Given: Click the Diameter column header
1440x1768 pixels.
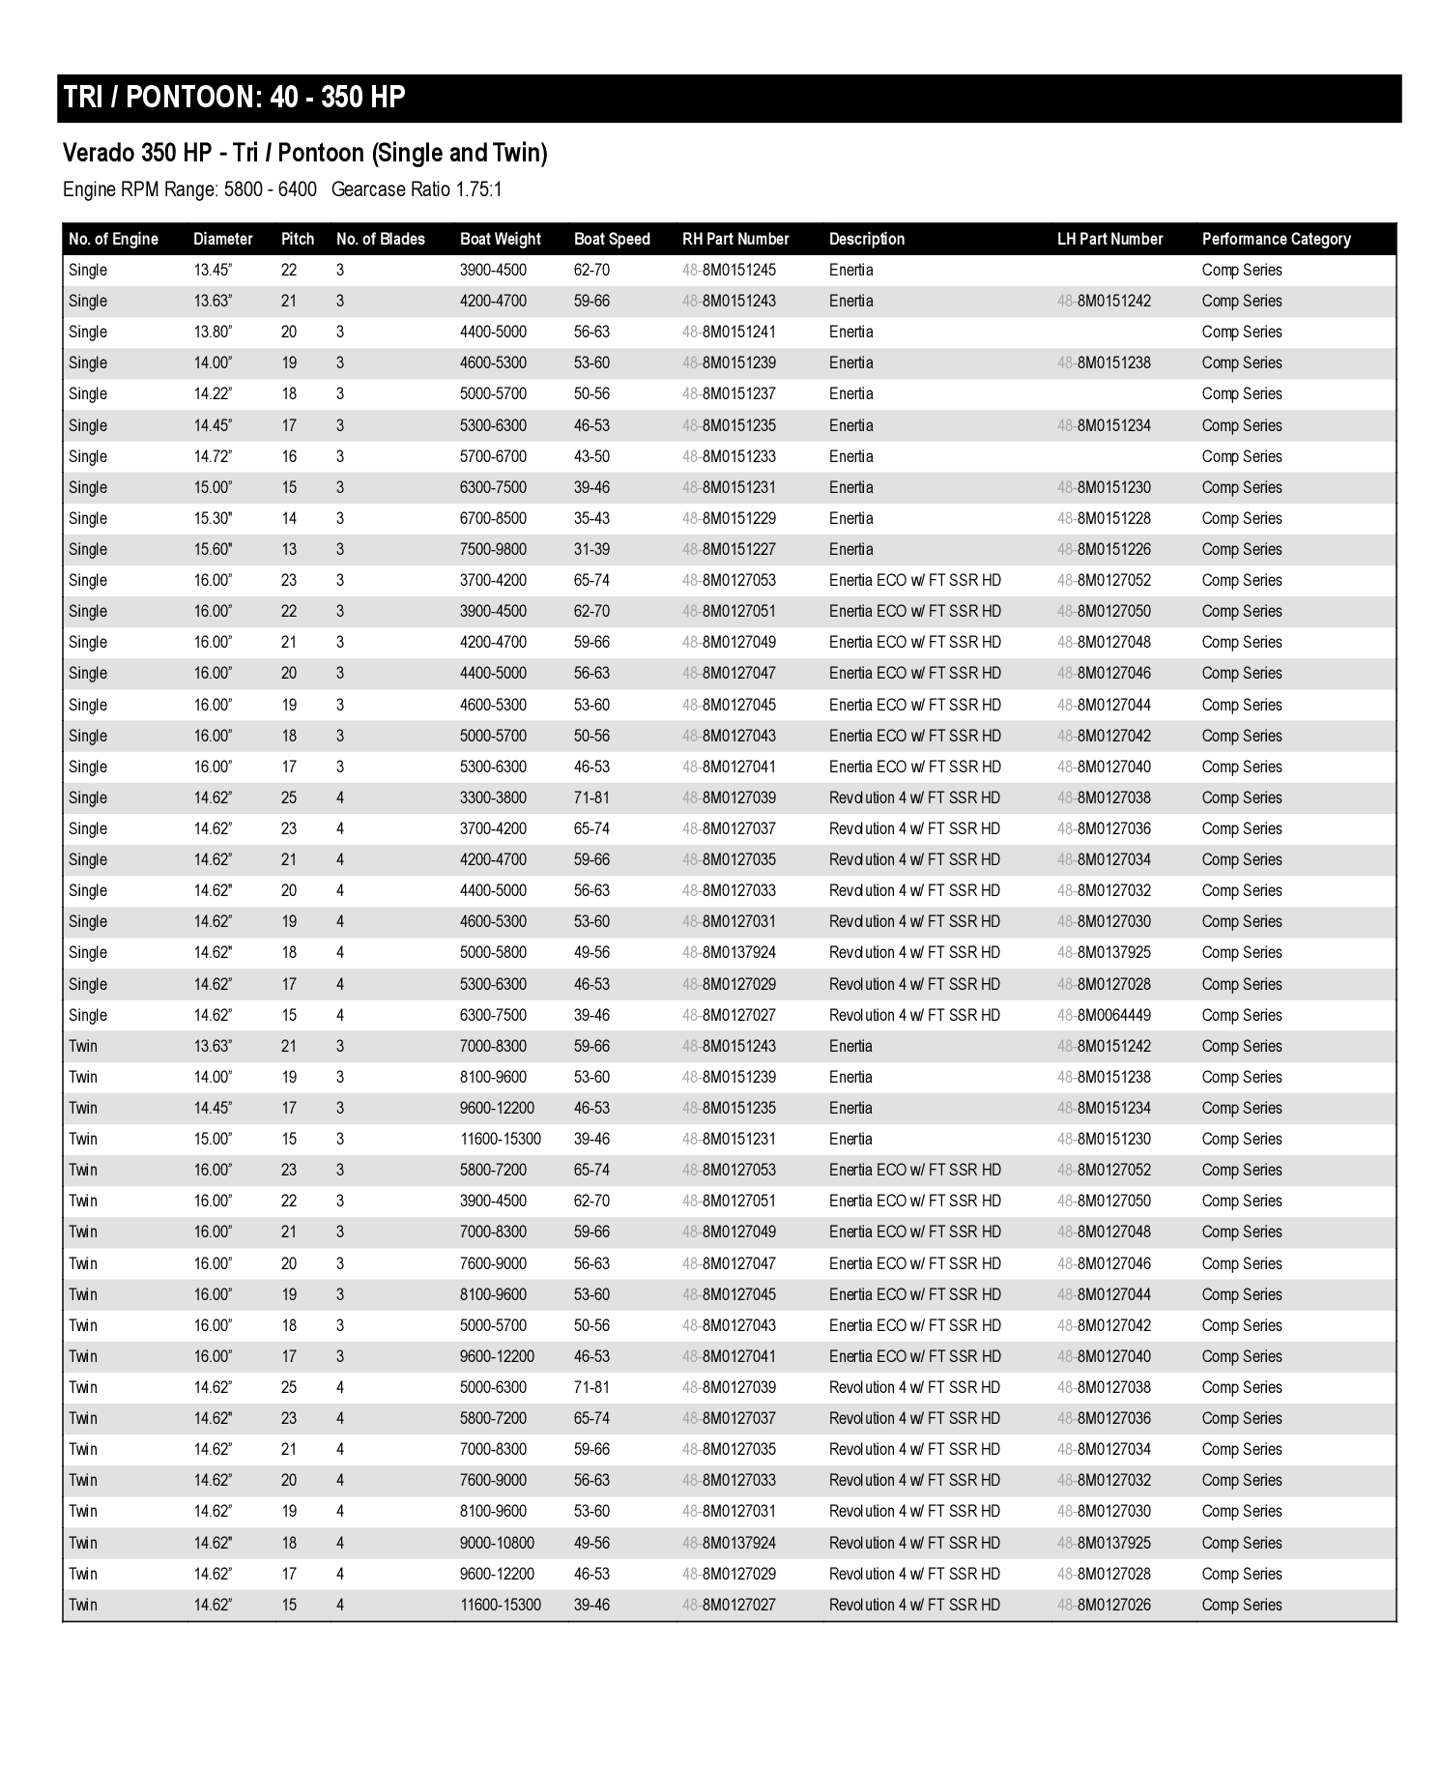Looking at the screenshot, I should point(222,239).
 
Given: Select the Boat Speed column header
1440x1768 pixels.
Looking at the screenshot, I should point(612,239).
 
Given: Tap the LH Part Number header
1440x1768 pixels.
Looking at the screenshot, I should point(1109,239).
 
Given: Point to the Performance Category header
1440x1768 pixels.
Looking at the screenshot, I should point(1276,239).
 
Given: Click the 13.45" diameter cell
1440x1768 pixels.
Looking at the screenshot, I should point(213,270).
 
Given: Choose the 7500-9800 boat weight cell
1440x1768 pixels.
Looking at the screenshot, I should point(493,549).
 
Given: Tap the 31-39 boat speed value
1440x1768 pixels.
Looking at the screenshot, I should point(591,549).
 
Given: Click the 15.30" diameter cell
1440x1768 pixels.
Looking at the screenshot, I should point(213,518).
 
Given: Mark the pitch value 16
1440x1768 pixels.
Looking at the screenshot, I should point(289,456).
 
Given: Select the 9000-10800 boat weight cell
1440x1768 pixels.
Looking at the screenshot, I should point(497,1543).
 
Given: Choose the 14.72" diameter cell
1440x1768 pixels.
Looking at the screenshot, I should point(213,456).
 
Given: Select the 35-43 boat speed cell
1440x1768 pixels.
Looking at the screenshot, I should point(591,518).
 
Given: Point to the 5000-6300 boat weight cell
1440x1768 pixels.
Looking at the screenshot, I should point(493,1387).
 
